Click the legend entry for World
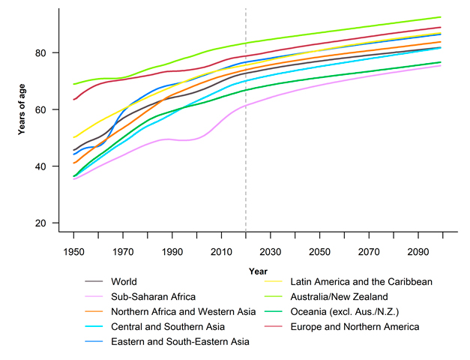click(124, 281)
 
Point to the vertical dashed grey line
click(246, 150)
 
